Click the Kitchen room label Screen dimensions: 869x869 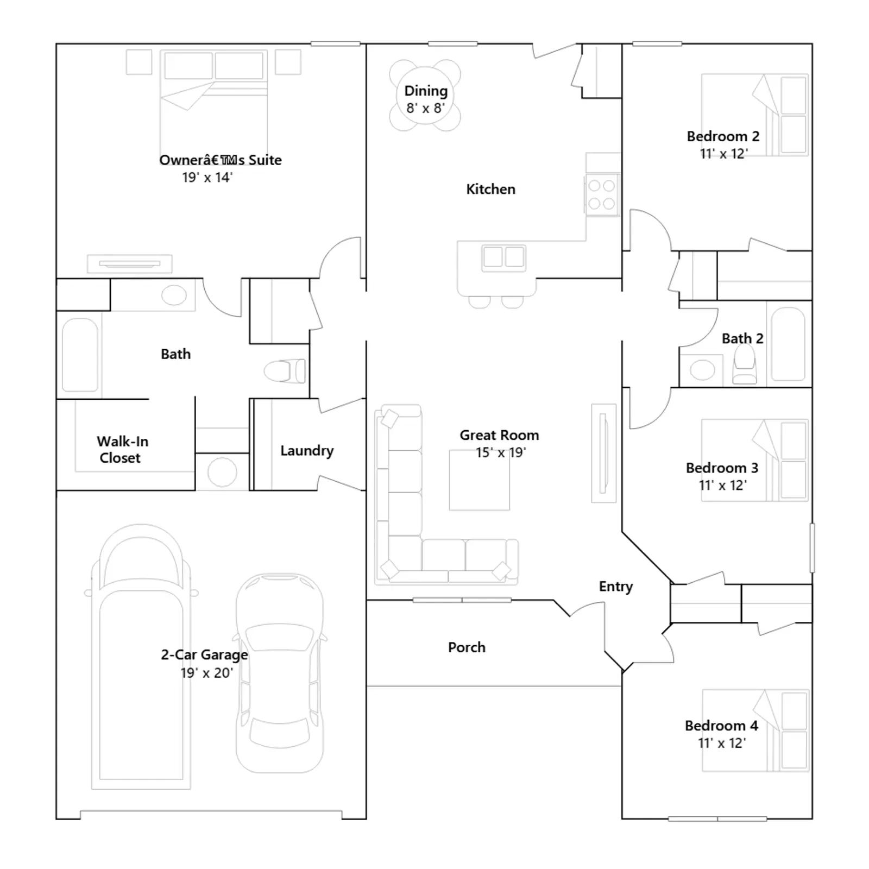click(490, 189)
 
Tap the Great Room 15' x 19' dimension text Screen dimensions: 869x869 click(501, 452)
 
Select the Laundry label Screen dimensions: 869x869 click(307, 451)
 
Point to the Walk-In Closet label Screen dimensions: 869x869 click(122, 449)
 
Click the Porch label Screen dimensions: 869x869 click(467, 647)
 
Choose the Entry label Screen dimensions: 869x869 click(616, 587)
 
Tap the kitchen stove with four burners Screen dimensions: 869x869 click(602, 194)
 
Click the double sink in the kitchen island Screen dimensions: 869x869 click(503, 257)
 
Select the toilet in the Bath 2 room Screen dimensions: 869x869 click(744, 364)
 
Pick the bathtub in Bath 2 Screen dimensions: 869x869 click(788, 344)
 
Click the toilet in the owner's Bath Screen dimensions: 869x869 click(285, 371)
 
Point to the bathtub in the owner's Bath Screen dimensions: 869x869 click(80, 354)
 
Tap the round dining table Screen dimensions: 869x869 click(425, 95)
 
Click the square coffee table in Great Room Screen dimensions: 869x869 click(479, 480)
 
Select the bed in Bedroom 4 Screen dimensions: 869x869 click(755, 731)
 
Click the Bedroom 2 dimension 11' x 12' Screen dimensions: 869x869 click(723, 154)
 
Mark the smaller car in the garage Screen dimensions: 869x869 click(280, 672)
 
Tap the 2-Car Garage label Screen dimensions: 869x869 click(204, 655)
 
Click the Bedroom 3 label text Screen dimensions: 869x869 click(722, 468)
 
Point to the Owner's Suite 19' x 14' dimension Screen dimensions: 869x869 click(207, 178)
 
